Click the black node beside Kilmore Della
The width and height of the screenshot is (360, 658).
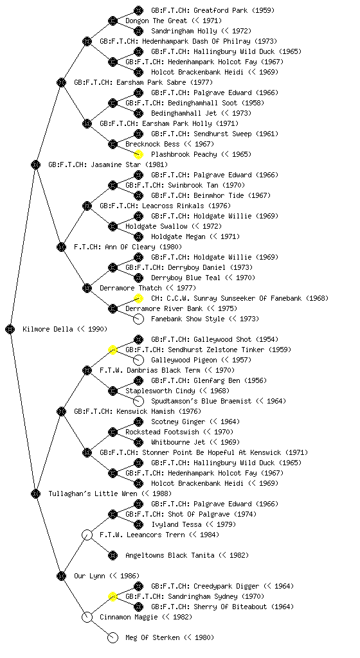pos(10,329)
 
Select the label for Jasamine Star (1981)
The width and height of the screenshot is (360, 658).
pos(108,164)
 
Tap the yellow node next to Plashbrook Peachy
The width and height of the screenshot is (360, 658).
pos(138,154)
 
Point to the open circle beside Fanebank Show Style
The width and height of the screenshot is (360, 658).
pos(138,319)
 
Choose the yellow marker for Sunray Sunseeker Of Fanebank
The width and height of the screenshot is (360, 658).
pos(138,298)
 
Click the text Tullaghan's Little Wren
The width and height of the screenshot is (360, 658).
pos(93,493)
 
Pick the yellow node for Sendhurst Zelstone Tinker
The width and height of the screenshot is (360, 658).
pos(113,350)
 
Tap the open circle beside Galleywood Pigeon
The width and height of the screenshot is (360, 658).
pos(138,360)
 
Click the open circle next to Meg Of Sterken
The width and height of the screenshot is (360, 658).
pos(113,638)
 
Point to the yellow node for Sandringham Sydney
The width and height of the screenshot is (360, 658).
pos(113,596)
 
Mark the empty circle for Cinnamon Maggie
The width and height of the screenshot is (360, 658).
pos(87,617)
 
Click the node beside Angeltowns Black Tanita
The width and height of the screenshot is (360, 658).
pos(113,555)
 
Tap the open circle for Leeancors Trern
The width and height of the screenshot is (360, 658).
pos(87,535)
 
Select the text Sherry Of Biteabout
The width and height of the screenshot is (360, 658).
pos(229,607)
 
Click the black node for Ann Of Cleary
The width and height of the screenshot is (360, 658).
pos(61,247)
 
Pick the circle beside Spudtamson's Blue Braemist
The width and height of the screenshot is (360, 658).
pos(138,401)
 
